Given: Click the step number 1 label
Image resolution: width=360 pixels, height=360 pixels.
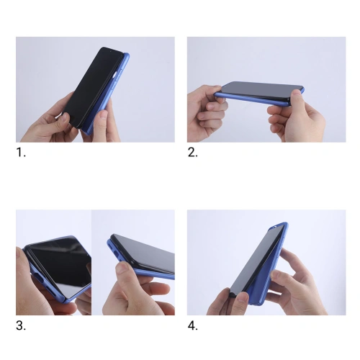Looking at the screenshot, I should coord(21,153).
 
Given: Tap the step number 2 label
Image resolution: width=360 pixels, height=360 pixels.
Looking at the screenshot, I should coord(192,153).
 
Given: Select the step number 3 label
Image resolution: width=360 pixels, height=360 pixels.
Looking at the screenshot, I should coord(21,325).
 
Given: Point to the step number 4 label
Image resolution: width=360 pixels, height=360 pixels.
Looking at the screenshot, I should coord(192,325).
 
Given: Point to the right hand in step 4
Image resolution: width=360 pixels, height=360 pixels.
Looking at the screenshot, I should coord(299,277).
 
